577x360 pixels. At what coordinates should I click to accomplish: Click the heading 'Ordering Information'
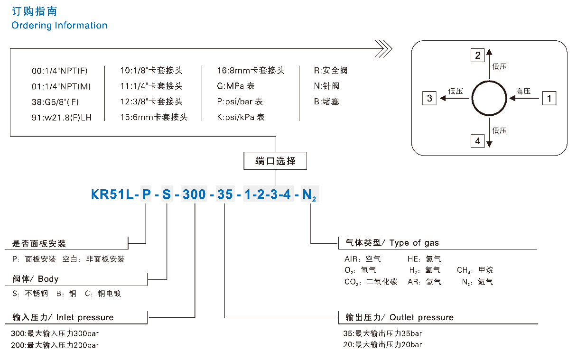pos(59,26)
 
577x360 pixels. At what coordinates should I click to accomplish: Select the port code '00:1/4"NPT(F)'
pos(60,71)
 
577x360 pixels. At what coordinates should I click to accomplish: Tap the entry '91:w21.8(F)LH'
pos(62,117)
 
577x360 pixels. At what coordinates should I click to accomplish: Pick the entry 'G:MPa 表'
pos(235,86)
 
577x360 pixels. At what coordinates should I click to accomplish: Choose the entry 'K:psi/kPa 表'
pos(241,117)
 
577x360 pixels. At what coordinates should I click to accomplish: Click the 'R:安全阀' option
pos(331,71)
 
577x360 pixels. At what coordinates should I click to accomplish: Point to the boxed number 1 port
pos(549,98)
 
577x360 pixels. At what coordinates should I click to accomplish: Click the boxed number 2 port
pos(477,55)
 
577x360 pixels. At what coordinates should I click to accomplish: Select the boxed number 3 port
pos(429,98)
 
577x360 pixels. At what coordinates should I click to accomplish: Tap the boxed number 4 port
pos(477,141)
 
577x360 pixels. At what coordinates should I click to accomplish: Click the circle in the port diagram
pos(490,98)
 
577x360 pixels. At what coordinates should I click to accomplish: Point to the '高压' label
pos(523,91)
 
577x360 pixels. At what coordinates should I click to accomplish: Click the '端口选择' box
pos(275,161)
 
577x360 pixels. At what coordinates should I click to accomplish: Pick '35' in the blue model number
pos(225,194)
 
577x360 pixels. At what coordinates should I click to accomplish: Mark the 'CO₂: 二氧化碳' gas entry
pos(371,282)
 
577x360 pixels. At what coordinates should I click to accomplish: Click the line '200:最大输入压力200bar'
pos(55,345)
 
